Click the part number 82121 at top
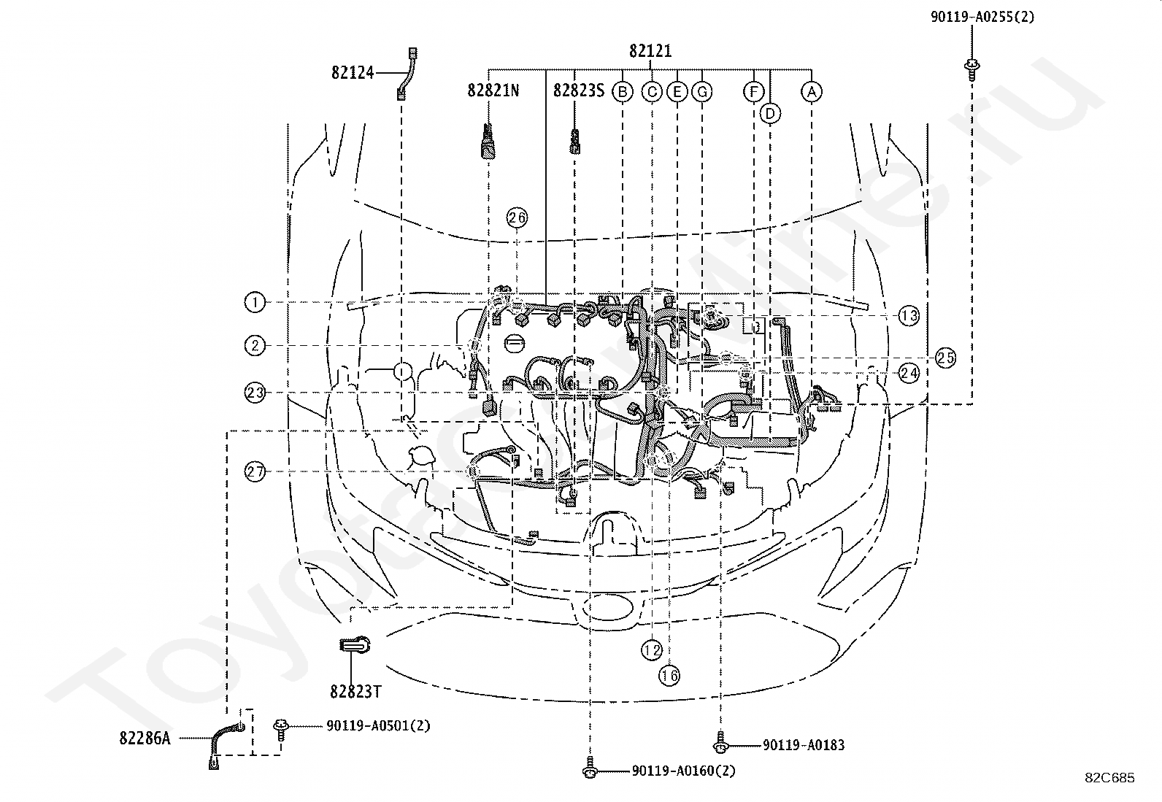click(x=650, y=51)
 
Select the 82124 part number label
click(x=353, y=73)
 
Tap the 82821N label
click(x=493, y=90)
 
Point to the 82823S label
click(x=579, y=90)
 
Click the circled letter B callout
click(x=623, y=93)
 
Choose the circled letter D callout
click(x=770, y=114)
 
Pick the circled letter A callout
click(x=812, y=93)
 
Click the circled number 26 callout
click(x=517, y=218)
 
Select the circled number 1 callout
click(x=255, y=302)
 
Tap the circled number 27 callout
click(x=255, y=471)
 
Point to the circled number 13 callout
click(x=909, y=315)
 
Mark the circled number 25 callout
click(x=945, y=358)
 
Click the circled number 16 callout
click(x=669, y=676)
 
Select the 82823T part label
click(x=356, y=692)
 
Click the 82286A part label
click(x=145, y=739)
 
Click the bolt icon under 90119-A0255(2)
click(x=971, y=69)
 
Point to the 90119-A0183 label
click(x=804, y=746)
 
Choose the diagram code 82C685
click(x=1109, y=778)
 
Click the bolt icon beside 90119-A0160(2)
click(x=590, y=767)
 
